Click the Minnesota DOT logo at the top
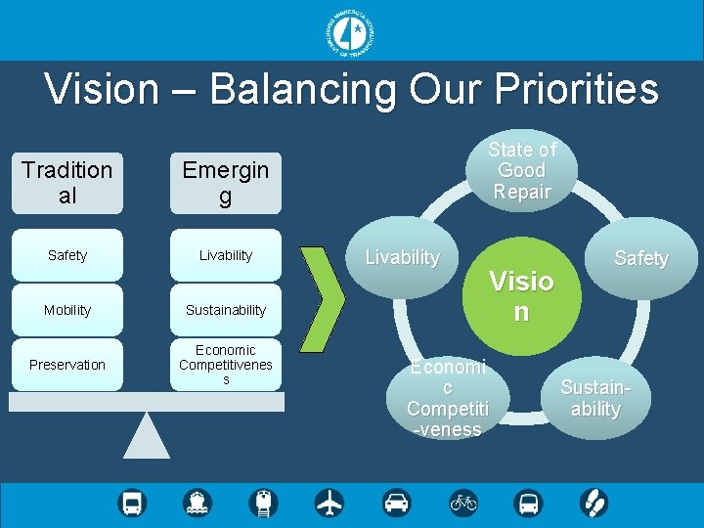tap(351, 32)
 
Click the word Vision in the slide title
tap(101, 89)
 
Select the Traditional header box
tap(67, 183)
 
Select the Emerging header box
tap(226, 183)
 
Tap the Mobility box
tap(67, 310)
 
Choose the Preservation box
tap(67, 365)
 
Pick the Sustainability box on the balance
tap(226, 310)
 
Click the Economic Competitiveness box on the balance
tap(226, 365)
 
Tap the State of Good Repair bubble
tap(522, 170)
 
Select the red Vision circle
tap(521, 296)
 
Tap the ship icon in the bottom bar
tap(198, 503)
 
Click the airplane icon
tap(330, 503)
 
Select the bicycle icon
tap(462, 503)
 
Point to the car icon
tap(396, 503)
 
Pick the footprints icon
tap(594, 503)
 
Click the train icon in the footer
tap(264, 503)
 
